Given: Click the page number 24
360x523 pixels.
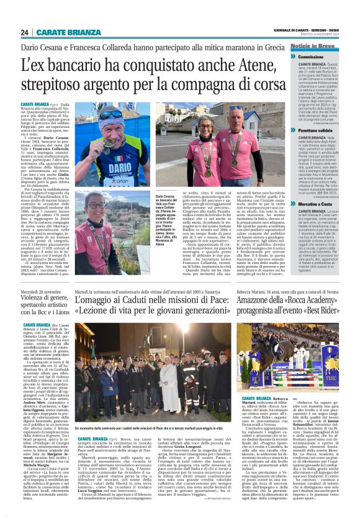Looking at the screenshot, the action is coord(25,32).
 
